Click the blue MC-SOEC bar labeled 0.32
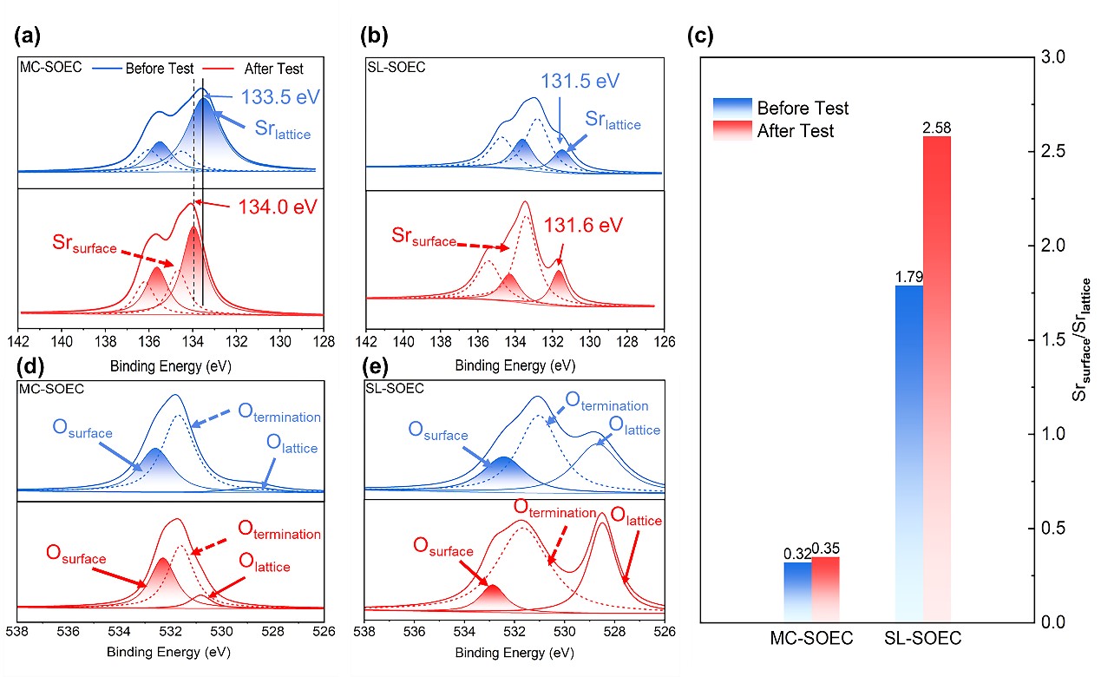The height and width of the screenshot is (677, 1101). (798, 592)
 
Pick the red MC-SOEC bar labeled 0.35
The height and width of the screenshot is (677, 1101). (826, 589)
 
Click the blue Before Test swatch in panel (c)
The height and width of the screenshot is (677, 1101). (730, 107)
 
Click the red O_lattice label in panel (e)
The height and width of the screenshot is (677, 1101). (636, 520)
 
